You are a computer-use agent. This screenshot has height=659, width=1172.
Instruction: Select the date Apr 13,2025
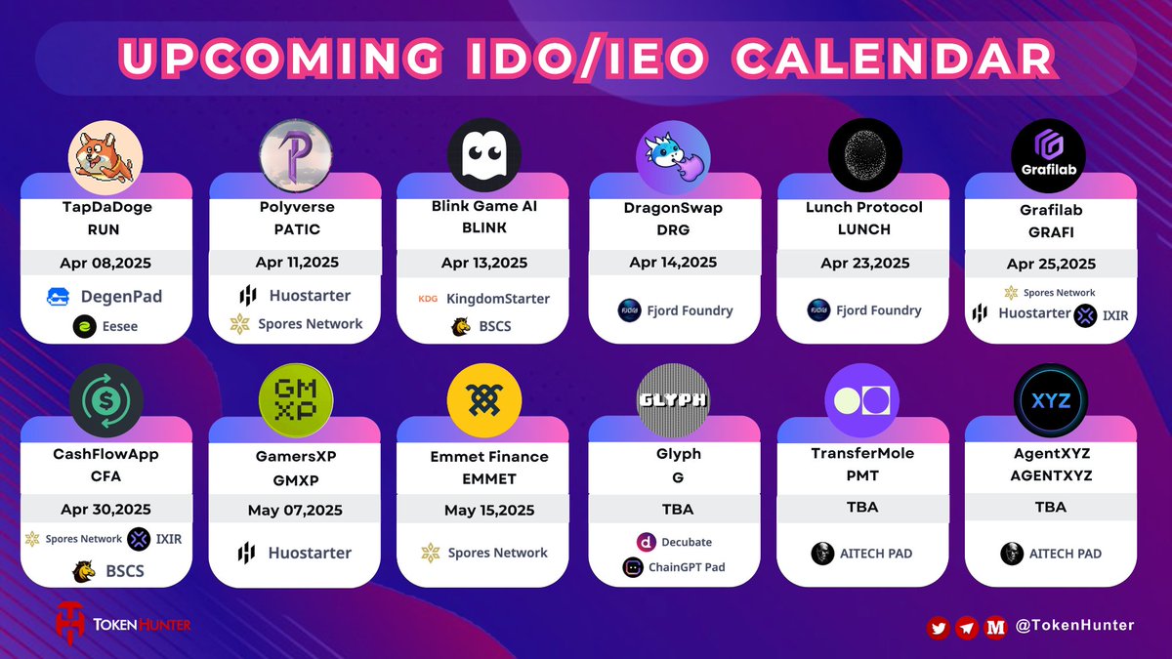483,263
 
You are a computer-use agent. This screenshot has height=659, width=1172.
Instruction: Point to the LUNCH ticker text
863,229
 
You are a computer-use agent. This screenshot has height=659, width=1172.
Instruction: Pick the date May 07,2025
295,509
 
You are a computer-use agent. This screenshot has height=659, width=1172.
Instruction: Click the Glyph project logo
673,401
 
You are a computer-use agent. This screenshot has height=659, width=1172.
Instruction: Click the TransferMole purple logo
863,401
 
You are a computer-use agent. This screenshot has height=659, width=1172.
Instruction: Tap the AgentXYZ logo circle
1050,401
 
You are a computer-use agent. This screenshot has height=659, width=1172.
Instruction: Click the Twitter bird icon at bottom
939,628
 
